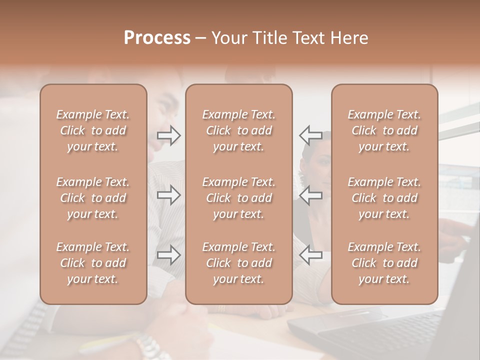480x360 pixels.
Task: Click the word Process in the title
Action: coord(157,38)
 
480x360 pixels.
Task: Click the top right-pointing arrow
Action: coord(169,135)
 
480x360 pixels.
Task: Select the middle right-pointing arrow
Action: coord(169,195)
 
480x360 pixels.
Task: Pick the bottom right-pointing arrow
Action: coord(169,255)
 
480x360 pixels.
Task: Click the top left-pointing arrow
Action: coord(310,135)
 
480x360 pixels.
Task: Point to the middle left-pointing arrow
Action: coord(310,195)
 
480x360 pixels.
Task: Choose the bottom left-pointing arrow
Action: coord(310,255)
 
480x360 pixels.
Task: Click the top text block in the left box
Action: coord(93,130)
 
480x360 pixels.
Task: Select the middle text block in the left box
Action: coord(93,198)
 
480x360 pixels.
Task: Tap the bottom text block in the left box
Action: coord(93,263)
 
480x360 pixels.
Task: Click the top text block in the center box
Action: coord(238,130)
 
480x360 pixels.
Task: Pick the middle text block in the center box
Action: coord(238,198)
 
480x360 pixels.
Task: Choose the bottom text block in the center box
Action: coord(238,263)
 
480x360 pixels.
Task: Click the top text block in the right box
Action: coord(384,130)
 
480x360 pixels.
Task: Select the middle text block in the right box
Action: coord(384,198)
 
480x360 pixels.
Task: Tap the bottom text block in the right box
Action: coord(384,263)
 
